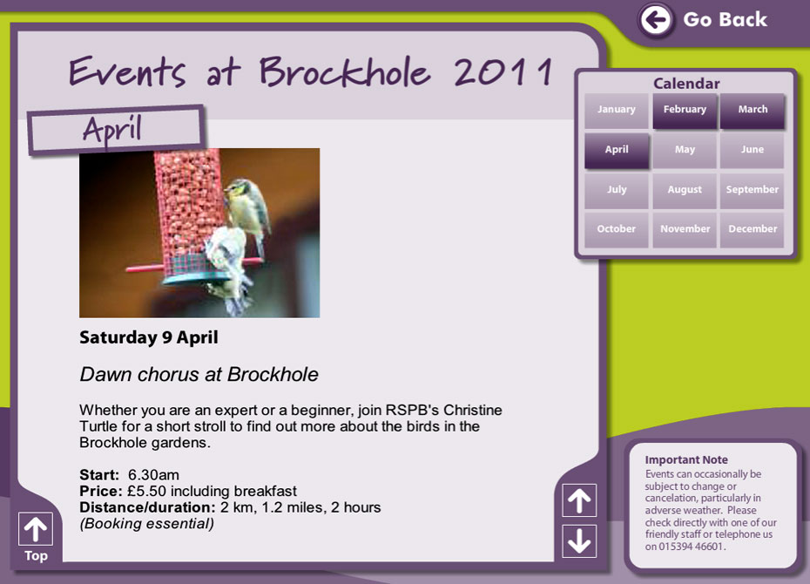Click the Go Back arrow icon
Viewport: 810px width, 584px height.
click(x=656, y=20)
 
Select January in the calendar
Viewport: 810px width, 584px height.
click(x=617, y=110)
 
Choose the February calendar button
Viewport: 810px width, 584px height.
click(x=685, y=110)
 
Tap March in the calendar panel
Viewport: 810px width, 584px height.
click(x=753, y=110)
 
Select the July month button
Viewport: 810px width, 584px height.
click(x=617, y=190)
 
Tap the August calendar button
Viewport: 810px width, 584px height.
click(x=685, y=190)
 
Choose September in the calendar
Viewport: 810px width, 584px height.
click(x=753, y=190)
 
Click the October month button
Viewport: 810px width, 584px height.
click(x=617, y=230)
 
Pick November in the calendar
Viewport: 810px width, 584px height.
click(x=685, y=230)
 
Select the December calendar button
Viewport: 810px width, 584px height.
click(x=753, y=230)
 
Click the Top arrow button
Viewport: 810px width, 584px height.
click(x=36, y=529)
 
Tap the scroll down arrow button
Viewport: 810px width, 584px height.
click(x=579, y=541)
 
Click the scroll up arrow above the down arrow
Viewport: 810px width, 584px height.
click(x=579, y=500)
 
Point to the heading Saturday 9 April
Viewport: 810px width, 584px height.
click(x=149, y=338)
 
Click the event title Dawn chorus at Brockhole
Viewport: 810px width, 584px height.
click(x=199, y=375)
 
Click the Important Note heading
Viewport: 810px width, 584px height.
click(x=686, y=460)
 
